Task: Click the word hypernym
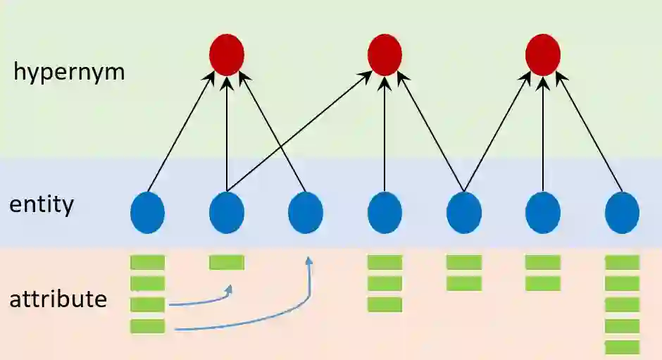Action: click(x=69, y=72)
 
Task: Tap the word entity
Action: click(x=42, y=206)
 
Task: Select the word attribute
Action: click(x=58, y=299)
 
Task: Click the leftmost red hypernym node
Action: click(x=227, y=54)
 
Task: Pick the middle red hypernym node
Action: click(x=385, y=54)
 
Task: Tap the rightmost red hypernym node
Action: click(x=543, y=54)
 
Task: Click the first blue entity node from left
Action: click(x=148, y=212)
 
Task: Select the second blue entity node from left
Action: click(x=227, y=212)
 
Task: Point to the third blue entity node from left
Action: click(x=306, y=212)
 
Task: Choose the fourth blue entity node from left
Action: click(x=385, y=212)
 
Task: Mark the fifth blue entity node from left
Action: click(x=464, y=212)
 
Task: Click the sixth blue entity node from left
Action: click(x=543, y=212)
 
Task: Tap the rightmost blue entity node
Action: click(x=622, y=212)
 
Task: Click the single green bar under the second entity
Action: click(x=227, y=263)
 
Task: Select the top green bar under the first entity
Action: click(x=148, y=263)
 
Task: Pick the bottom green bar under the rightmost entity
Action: click(x=622, y=347)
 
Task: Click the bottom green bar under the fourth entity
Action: click(x=385, y=304)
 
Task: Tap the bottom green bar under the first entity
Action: click(x=148, y=325)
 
